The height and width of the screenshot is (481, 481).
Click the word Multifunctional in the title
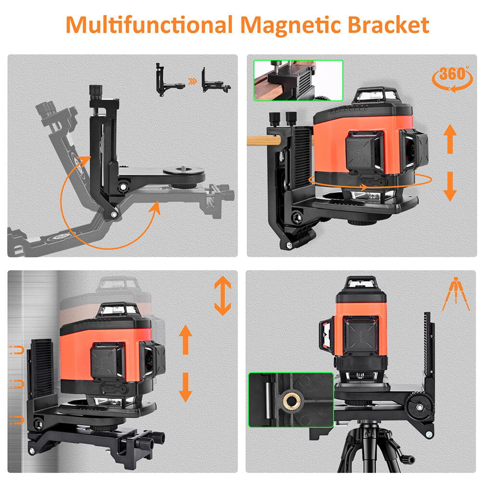(x=150, y=25)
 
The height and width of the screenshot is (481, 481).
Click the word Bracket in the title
(x=388, y=25)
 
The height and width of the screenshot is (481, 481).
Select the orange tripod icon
(x=456, y=294)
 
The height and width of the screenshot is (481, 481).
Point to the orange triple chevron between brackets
(x=193, y=81)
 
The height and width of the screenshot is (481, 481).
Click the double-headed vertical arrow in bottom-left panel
(x=222, y=296)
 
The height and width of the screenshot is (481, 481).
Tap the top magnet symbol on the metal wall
(x=16, y=350)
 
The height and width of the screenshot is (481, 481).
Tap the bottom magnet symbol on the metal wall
(x=16, y=420)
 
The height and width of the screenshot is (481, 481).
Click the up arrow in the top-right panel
(x=450, y=139)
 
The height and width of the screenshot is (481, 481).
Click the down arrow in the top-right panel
(x=450, y=187)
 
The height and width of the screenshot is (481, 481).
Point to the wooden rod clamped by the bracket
(x=264, y=141)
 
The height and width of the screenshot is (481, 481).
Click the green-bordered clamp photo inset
(x=298, y=80)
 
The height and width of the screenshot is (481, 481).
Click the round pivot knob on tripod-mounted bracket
(x=419, y=407)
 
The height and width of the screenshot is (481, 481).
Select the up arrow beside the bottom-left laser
(x=185, y=340)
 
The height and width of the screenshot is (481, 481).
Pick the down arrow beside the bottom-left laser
(x=185, y=387)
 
